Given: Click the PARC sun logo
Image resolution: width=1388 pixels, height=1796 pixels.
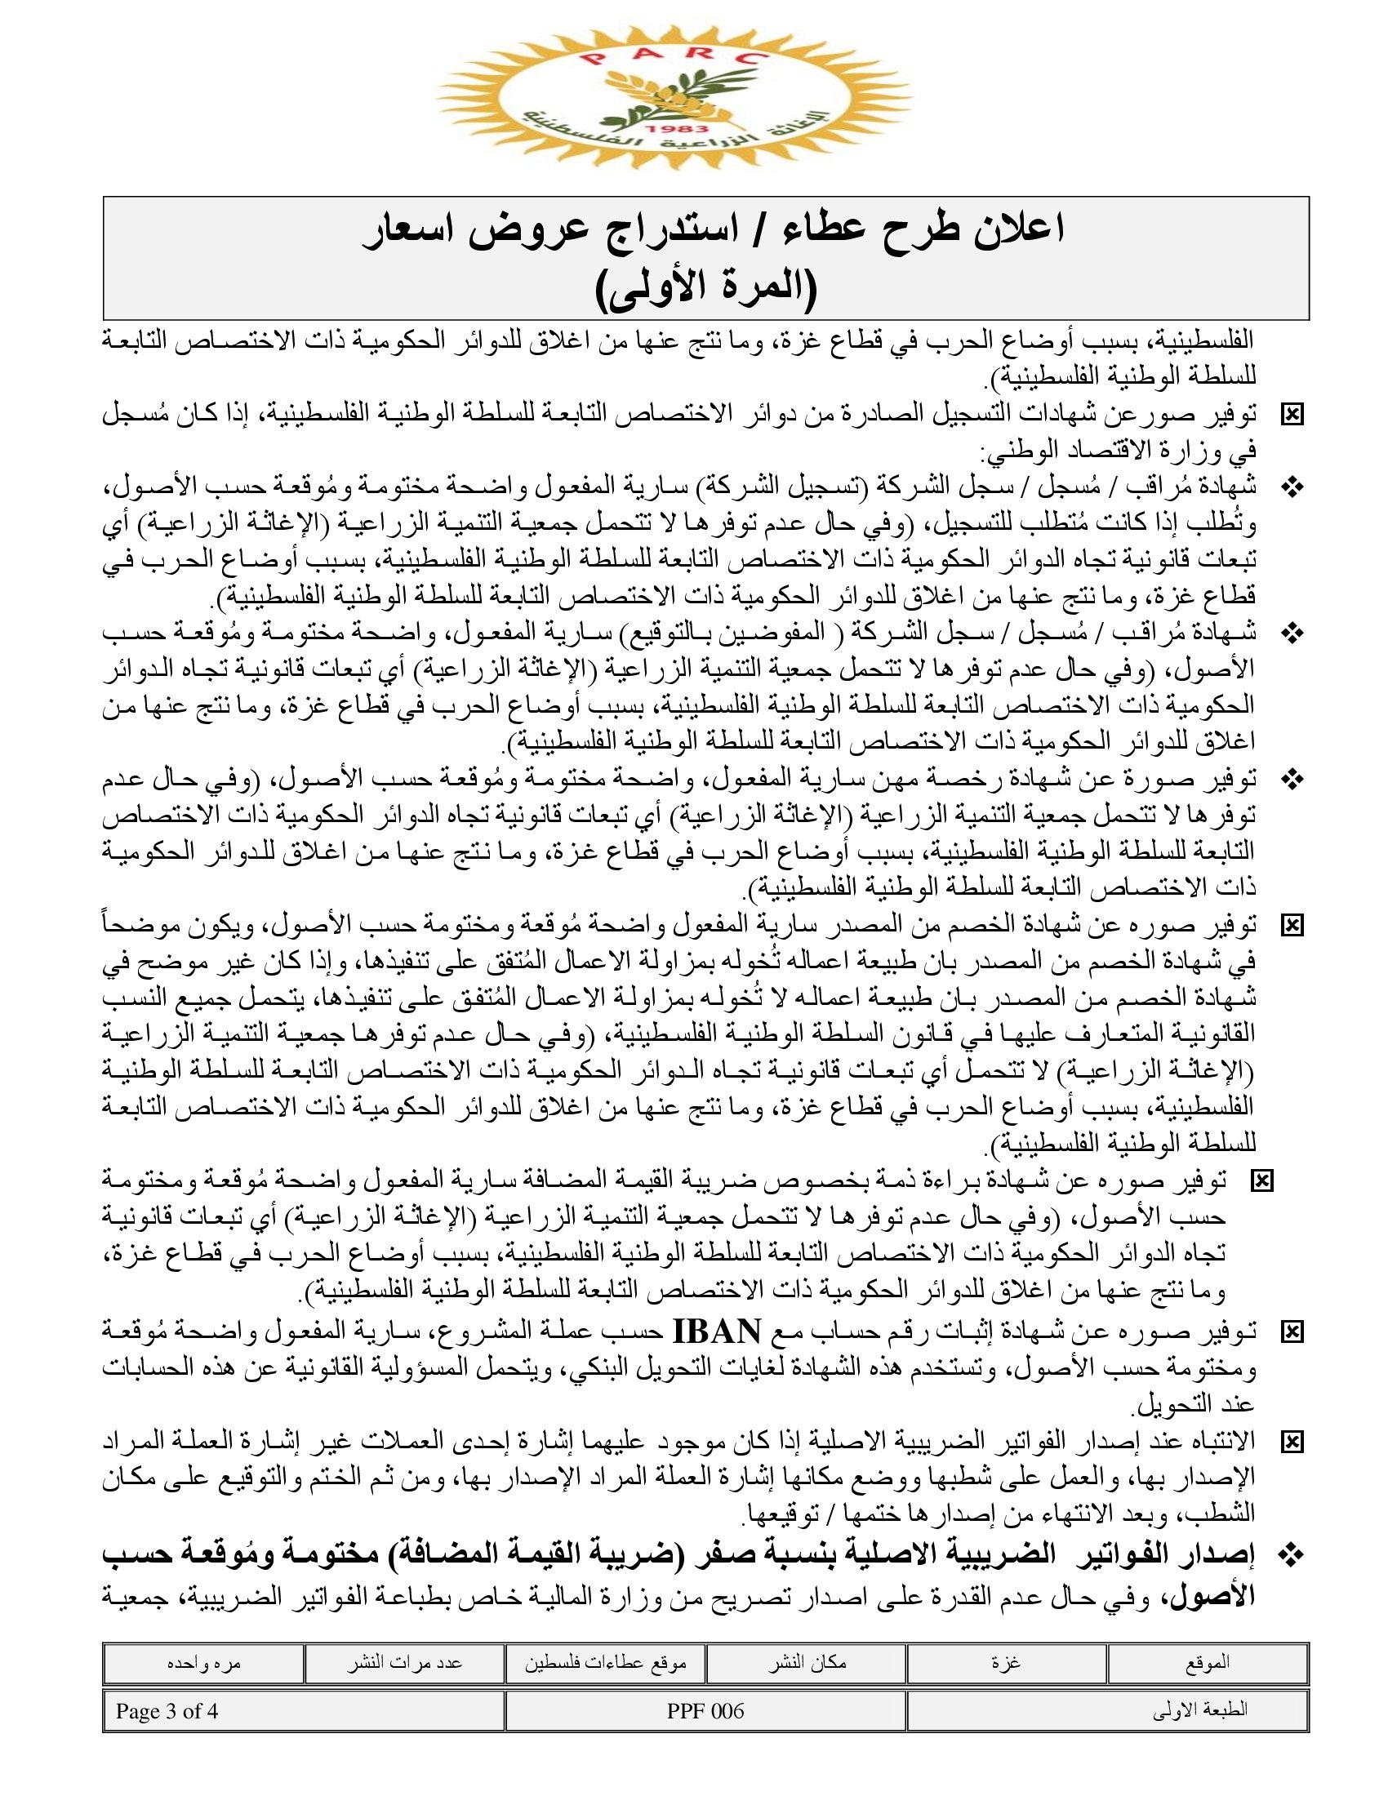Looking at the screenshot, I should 674,97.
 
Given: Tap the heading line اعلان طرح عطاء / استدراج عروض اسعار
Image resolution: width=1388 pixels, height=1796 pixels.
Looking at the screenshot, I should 714,230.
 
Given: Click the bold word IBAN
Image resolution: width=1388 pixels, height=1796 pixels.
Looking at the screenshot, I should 717,1330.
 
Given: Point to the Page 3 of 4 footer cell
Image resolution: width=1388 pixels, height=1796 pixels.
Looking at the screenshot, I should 167,1711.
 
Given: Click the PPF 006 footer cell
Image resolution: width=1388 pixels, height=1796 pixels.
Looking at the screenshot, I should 705,1711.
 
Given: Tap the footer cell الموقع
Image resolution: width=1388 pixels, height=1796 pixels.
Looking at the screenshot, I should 1207,1663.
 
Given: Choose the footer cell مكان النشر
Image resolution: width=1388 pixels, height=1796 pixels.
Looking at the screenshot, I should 807,1663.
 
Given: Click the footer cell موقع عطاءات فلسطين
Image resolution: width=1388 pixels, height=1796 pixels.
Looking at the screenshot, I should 606,1663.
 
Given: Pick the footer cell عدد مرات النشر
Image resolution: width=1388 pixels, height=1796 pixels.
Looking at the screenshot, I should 404,1663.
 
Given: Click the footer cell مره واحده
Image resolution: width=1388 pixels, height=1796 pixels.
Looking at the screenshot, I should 203,1663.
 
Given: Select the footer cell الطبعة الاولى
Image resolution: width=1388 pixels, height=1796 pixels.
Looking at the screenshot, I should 1200,1711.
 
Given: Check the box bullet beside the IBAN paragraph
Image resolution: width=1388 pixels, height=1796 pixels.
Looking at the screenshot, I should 1292,1331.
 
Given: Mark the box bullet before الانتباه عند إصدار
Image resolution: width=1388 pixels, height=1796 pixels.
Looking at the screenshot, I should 1292,1441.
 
